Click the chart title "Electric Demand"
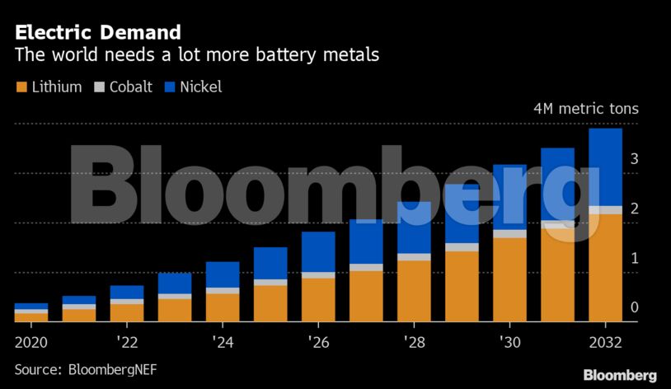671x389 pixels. (x=97, y=33)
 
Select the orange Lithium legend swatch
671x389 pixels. (x=21, y=87)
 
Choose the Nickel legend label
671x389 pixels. (x=203, y=87)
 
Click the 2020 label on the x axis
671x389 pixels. (x=31, y=340)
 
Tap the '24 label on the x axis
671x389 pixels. (x=222, y=340)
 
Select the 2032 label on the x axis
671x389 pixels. (x=605, y=340)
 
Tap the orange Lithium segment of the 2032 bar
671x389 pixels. (x=605, y=268)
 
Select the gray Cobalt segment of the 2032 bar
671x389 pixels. (x=605, y=210)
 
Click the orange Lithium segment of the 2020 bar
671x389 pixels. (x=31, y=317)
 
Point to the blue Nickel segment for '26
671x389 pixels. (x=317, y=251)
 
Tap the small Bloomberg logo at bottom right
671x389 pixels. (x=620, y=375)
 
